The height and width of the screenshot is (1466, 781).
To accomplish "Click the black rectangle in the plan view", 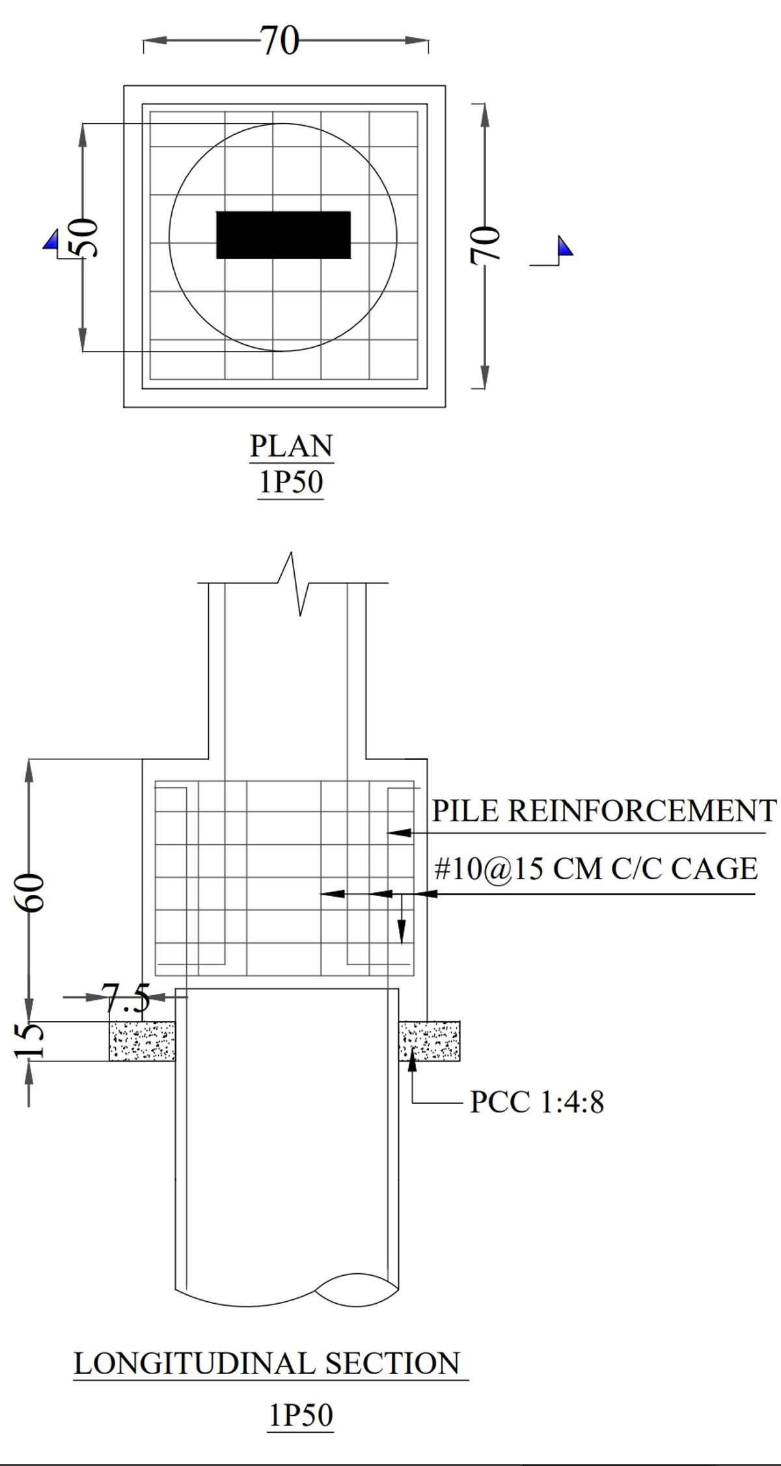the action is [283, 234].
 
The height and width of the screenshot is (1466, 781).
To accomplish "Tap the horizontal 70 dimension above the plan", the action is [280, 41].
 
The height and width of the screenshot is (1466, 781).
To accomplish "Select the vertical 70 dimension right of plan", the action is [484, 245].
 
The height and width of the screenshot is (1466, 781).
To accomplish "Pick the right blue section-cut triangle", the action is [565, 246].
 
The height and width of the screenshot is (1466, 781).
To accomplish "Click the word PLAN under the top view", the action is [291, 446].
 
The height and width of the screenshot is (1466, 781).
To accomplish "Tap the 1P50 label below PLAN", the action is [291, 483].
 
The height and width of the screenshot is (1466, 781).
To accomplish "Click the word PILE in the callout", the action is [465, 811].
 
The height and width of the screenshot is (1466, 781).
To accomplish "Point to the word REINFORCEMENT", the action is [642, 811].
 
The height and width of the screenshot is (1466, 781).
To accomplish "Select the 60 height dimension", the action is [30, 892].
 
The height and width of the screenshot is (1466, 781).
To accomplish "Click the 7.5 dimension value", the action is [126, 998].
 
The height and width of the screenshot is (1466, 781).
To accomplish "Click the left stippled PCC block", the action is [142, 1041].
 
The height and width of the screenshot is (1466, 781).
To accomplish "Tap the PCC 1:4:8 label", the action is [537, 1102].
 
